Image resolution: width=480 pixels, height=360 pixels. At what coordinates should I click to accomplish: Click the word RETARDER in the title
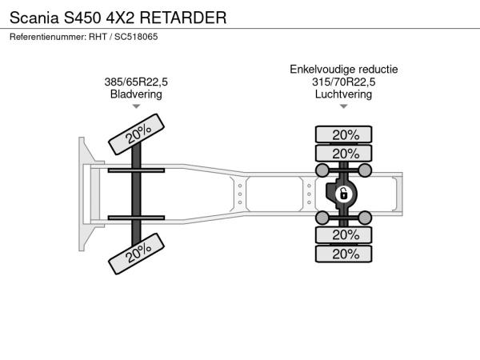coord(183,18)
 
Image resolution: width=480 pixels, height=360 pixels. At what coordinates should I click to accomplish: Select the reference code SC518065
coord(136,37)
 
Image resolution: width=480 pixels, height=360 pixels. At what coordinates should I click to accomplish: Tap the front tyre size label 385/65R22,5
coord(136,82)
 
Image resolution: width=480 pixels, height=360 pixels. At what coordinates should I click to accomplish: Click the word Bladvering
coord(136,94)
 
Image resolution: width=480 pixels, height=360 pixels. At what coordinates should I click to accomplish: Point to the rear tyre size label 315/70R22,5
coord(343,82)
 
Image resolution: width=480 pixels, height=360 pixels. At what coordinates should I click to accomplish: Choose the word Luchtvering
coord(343,94)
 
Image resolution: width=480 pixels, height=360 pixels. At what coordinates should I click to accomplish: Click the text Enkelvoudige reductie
coord(344,70)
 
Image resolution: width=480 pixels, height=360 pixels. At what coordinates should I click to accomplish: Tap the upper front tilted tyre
coord(136,134)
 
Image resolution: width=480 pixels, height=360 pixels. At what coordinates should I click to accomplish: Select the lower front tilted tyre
coord(136,254)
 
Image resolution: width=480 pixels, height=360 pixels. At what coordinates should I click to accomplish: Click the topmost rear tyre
coord(343,134)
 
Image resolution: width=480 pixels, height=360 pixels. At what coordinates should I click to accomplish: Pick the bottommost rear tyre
coord(343,254)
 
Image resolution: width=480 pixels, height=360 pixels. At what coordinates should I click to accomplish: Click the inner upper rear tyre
coord(343,154)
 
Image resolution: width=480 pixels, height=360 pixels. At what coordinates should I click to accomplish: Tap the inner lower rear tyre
coord(343,235)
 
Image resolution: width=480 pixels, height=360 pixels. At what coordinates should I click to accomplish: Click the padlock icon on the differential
coord(344,194)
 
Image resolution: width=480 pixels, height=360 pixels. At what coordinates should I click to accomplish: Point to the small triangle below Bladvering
coord(136,106)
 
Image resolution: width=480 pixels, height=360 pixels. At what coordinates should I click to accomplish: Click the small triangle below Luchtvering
coord(343,106)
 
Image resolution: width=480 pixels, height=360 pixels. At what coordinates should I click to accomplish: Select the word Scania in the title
coord(34,18)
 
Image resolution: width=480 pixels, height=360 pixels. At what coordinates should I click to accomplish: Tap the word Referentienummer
coord(48,37)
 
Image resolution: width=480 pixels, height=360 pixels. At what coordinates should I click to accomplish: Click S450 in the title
coord(82,18)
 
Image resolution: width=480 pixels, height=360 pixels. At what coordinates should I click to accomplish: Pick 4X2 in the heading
coord(120,18)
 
